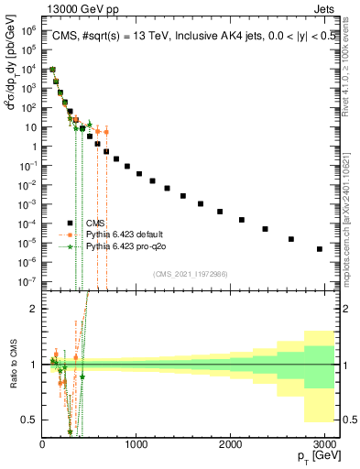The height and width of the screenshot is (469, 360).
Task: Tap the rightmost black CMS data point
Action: click(x=319, y=248)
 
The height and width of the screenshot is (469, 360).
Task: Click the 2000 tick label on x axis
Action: click(x=230, y=444)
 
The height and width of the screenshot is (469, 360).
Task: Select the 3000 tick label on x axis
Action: click(x=323, y=444)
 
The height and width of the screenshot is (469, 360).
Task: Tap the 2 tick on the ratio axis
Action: click(x=35, y=309)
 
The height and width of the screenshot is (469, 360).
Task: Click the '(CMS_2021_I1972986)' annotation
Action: click(x=191, y=274)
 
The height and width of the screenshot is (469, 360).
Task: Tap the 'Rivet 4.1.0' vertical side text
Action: click(x=353, y=64)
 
